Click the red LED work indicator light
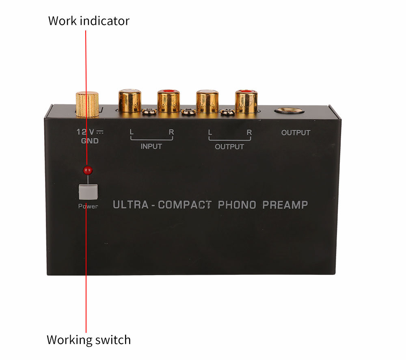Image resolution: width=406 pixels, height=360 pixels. tap(86, 170)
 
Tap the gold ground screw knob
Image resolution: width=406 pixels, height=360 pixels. tap(87, 103)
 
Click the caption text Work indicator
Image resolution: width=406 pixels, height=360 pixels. tap(89, 21)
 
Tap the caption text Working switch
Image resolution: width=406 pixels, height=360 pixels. tap(89, 339)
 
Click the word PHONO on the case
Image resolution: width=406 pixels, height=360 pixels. tap(237, 205)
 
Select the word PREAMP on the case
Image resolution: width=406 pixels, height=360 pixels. tap(285, 205)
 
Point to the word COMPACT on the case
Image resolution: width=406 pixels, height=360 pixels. tap(185, 205)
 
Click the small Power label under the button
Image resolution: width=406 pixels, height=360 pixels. tap(88, 206)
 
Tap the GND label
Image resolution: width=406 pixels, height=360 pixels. tap(90, 141)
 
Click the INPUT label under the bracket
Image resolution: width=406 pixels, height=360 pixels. tap(151, 147)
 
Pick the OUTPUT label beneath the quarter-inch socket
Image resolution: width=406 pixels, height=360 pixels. tap(296, 133)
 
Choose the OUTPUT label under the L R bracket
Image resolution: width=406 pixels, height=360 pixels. tap(229, 147)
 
